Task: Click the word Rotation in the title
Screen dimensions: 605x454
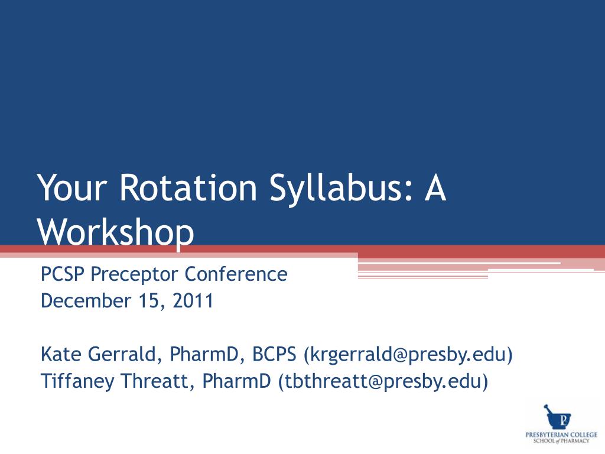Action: point(188,187)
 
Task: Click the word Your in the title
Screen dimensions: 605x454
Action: point(71,187)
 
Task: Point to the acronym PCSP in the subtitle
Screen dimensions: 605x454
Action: point(62,274)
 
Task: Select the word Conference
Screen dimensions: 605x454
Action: point(236,274)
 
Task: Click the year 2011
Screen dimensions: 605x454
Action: point(193,301)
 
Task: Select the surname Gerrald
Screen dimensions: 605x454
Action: point(122,355)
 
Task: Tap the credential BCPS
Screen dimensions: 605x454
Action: point(274,354)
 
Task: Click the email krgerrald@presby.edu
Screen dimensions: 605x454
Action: point(409,355)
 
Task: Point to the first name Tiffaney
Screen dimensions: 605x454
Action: point(77,381)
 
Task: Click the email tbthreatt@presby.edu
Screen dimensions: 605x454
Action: point(383,381)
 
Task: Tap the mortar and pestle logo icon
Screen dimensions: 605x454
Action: point(557,417)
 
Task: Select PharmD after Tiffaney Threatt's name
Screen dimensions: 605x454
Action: point(236,381)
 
